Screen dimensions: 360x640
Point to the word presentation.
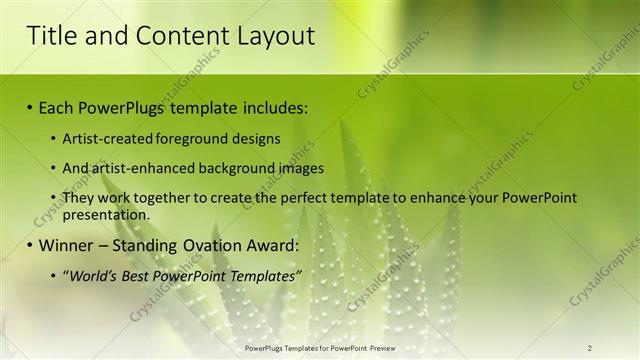click(106, 214)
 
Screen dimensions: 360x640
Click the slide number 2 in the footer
click(589, 348)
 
